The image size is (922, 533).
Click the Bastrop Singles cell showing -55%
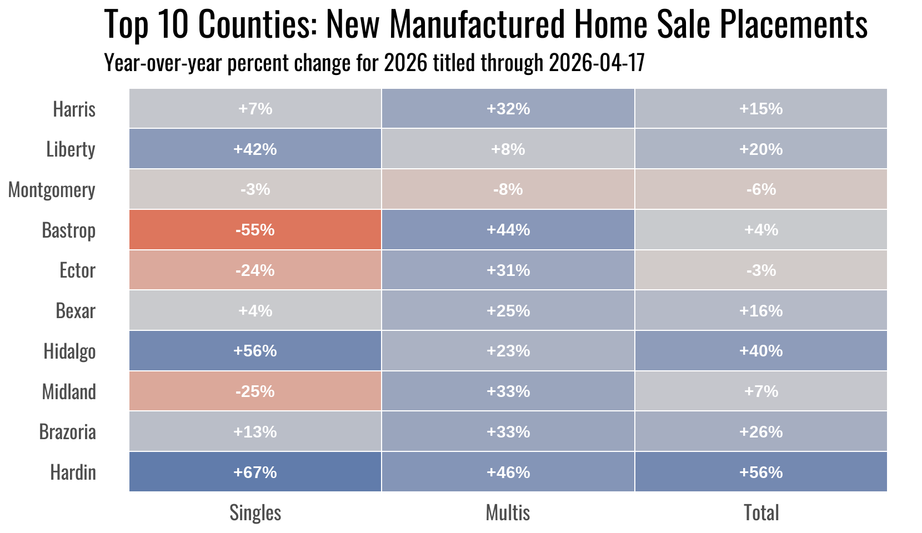255,230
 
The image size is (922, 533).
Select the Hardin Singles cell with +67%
255,472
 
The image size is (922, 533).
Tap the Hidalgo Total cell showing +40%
760,351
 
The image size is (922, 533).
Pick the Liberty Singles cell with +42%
255,149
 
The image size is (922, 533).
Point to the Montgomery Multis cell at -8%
508,189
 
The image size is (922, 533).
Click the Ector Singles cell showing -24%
255,270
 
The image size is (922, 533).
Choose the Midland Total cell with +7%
760,391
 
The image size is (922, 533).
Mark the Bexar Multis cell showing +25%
508,310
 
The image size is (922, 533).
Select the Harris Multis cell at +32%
508,109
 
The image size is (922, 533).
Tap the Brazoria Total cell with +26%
760,431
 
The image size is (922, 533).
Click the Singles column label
255,512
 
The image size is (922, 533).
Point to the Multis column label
508,512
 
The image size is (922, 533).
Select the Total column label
761,512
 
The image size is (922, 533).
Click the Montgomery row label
52,190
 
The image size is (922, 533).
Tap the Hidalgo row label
69,351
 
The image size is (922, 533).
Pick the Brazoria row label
67,432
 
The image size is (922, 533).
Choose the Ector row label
77,270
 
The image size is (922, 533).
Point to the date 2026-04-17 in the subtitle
597,63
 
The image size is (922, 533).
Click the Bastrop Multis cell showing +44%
508,230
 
